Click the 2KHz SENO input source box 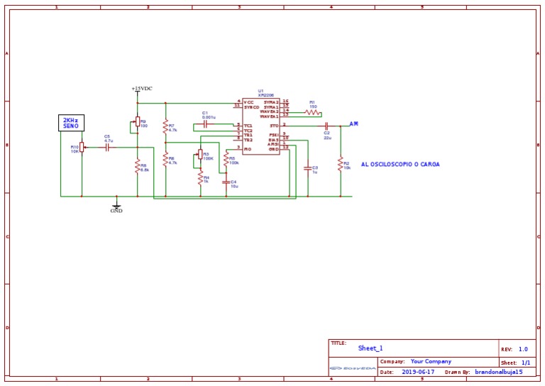71,123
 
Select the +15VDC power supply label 142,89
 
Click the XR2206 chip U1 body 260,126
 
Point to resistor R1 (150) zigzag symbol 312,111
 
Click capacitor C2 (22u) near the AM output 326,126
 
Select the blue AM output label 353,123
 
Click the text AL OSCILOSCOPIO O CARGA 400,164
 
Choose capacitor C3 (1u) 307,168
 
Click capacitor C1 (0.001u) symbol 205,123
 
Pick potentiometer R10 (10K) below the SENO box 82,147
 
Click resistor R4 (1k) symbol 200,179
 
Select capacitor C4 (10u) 226,182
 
